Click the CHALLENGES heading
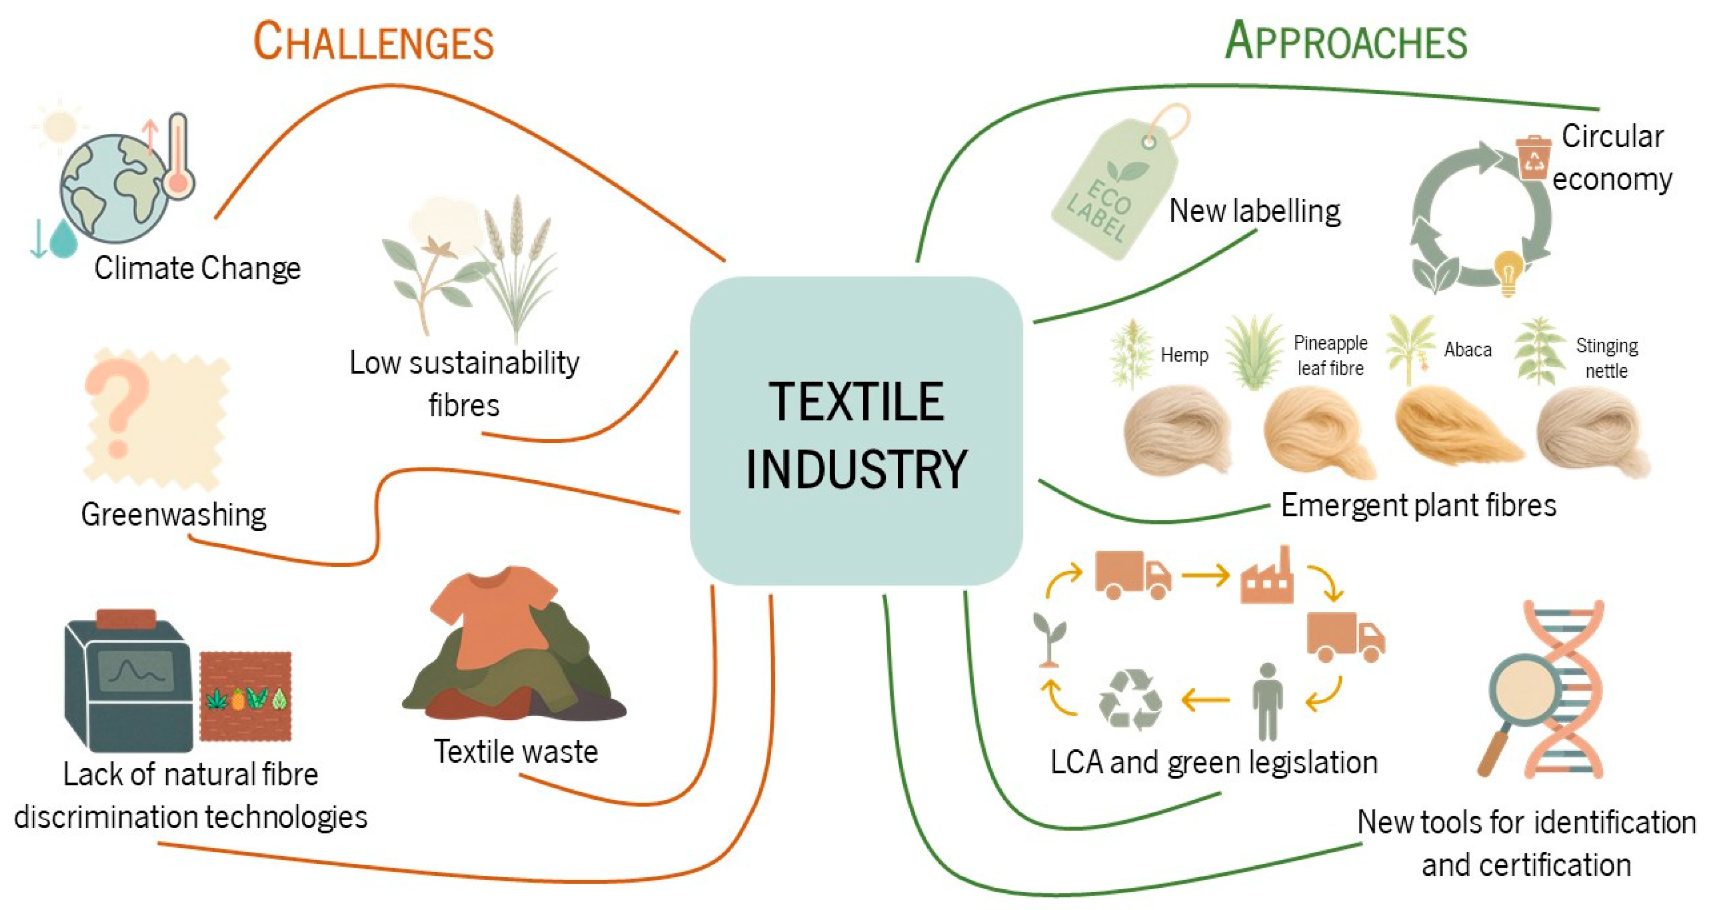pyautogui.click(x=374, y=41)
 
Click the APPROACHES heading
pyautogui.click(x=1346, y=41)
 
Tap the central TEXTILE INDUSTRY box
pyautogui.click(x=856, y=431)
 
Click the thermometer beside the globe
pyautogui.click(x=178, y=156)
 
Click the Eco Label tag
pyautogui.click(x=1114, y=186)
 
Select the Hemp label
pyautogui.click(x=1184, y=355)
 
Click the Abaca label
pyautogui.click(x=1467, y=349)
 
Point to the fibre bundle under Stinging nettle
pyautogui.click(x=1592, y=435)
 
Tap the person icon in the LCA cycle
pyautogui.click(x=1267, y=702)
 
